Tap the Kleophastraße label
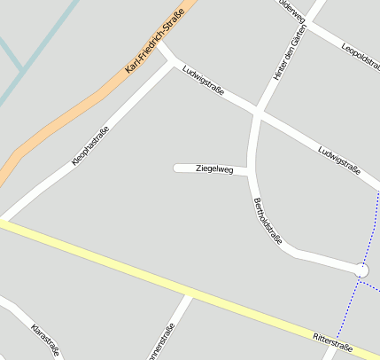click(90, 146)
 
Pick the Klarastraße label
click(44, 340)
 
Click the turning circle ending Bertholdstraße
click(361, 270)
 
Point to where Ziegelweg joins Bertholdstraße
click(249, 170)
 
